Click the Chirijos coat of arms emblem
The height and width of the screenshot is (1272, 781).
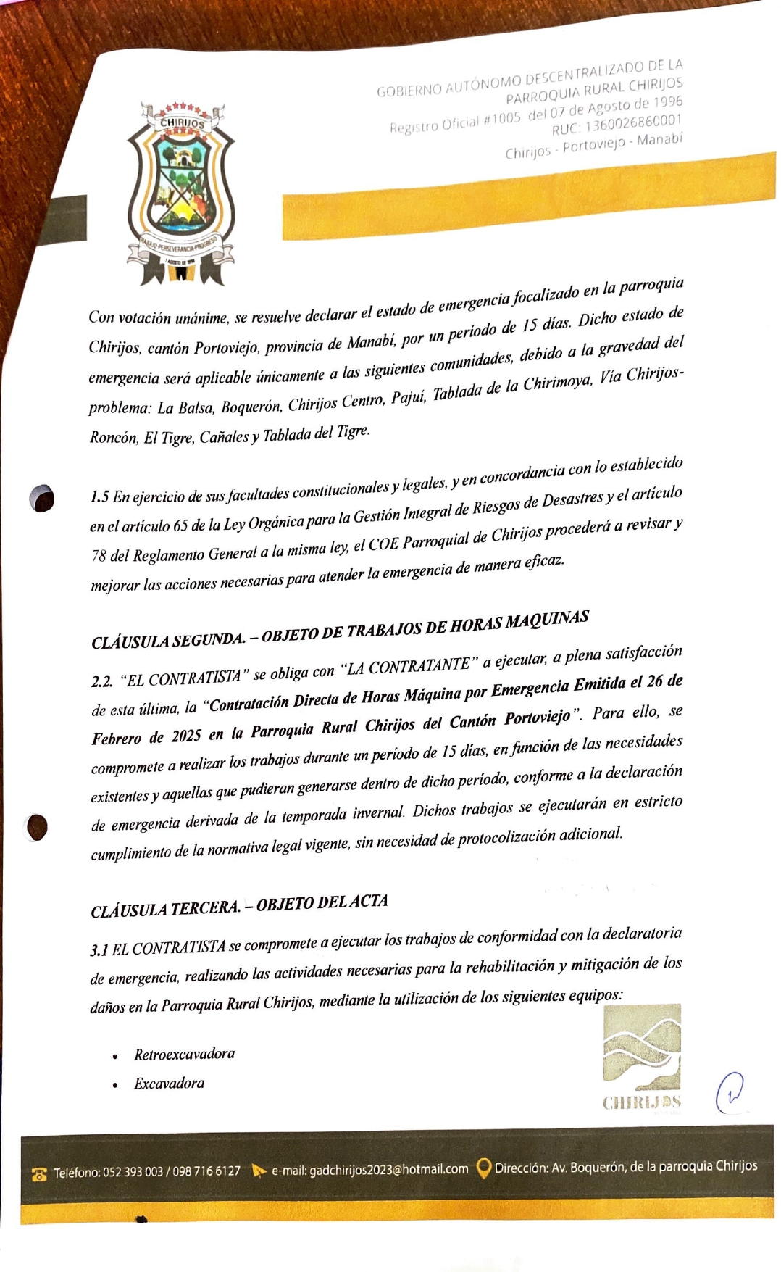tap(180, 191)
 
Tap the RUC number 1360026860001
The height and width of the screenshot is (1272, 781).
tap(633, 122)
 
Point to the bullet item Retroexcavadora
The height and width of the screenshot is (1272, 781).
tap(184, 1054)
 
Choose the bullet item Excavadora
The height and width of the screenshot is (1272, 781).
tap(169, 1084)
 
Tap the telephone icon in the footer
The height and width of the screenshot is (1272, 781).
tap(39, 1174)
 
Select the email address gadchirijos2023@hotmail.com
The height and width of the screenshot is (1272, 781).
tap(388, 1170)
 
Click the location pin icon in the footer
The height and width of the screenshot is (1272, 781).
tap(483, 1168)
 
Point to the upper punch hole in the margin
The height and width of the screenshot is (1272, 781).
tap(42, 499)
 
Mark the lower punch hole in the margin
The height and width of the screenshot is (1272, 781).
tap(37, 827)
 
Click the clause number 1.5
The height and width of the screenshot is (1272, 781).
tap(99, 497)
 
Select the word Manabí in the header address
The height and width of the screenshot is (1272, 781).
tap(659, 138)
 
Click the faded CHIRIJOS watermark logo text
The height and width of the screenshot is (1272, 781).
tap(641, 1102)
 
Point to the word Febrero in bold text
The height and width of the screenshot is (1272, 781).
tap(117, 739)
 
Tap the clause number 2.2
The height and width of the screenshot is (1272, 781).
tap(102, 682)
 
